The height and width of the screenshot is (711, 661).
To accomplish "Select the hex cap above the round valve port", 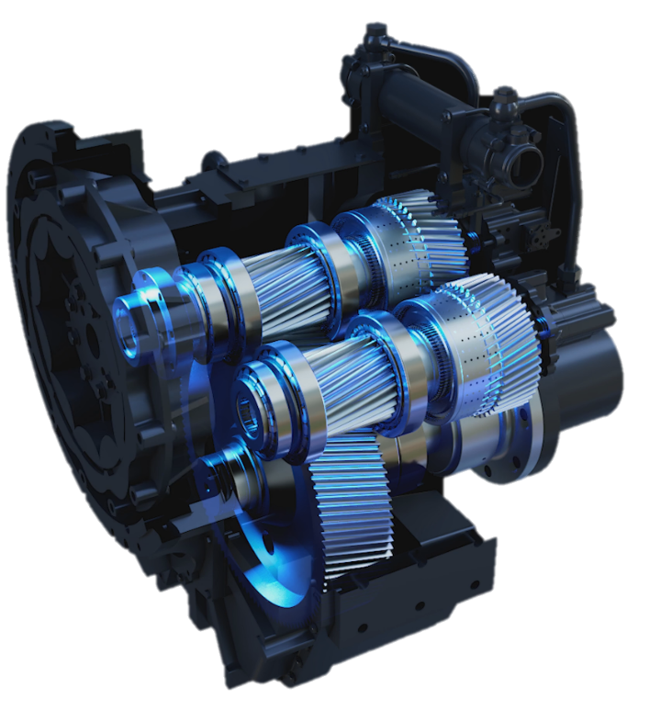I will click(x=502, y=96).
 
